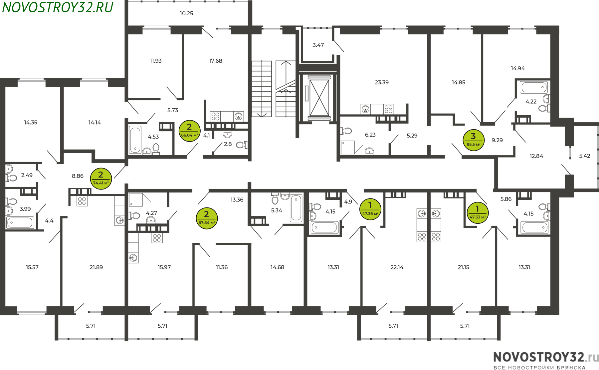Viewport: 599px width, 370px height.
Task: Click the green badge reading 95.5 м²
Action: [473, 140]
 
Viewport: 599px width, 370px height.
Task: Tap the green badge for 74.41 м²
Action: [101, 179]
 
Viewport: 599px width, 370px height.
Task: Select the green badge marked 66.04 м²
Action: [189, 131]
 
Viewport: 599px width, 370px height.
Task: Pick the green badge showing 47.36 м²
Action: [370, 209]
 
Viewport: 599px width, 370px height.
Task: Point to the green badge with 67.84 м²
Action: [207, 218]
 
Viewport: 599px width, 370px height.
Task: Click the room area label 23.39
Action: [382, 82]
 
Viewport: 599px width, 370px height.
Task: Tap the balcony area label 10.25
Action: [186, 13]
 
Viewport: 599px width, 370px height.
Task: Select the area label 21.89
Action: [96, 267]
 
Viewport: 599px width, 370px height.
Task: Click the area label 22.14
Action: [397, 267]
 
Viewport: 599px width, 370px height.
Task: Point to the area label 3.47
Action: [318, 45]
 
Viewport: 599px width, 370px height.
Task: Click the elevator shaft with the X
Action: [319, 98]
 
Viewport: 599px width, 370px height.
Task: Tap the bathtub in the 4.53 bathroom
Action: [135, 140]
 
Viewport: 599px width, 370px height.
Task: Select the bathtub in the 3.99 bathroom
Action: [20, 222]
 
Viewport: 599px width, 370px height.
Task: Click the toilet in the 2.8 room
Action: [242, 145]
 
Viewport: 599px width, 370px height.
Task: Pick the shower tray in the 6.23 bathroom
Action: [348, 148]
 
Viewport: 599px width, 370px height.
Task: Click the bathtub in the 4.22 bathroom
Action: [534, 87]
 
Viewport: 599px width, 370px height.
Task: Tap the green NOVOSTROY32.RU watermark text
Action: [58, 7]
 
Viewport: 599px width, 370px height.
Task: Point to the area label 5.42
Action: [585, 156]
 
